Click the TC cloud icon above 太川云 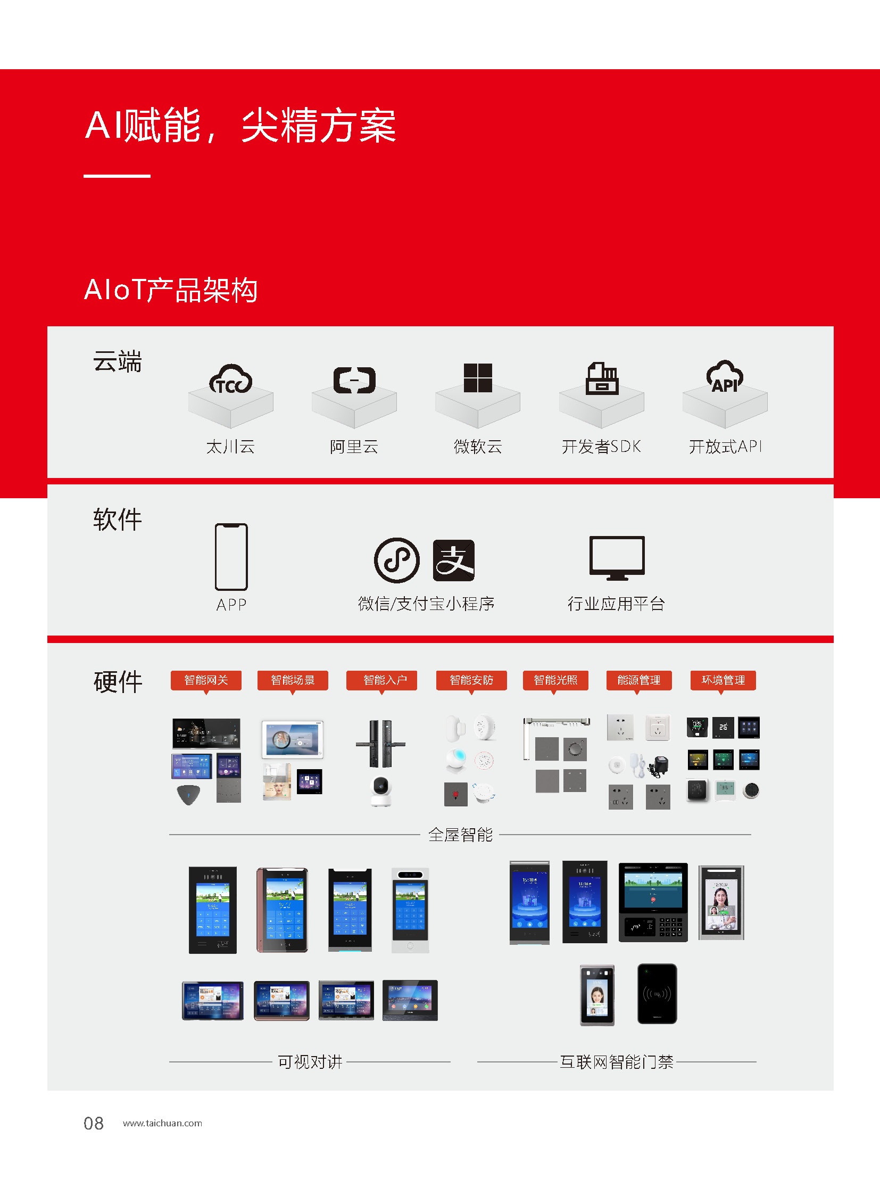[x=231, y=379]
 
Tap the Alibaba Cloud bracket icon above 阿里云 [x=354, y=380]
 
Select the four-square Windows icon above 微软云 [x=478, y=378]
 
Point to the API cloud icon [x=725, y=377]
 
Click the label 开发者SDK [x=601, y=447]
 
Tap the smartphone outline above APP [x=231, y=557]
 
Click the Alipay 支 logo [x=453, y=560]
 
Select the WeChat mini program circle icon [x=397, y=560]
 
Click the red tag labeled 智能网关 [x=206, y=681]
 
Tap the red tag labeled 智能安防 [x=471, y=681]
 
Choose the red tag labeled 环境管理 [x=723, y=681]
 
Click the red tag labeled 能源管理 [x=638, y=681]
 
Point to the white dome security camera [x=381, y=791]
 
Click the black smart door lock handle [x=381, y=744]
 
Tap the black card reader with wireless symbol [x=657, y=993]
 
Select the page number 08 [x=94, y=1124]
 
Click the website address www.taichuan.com [x=162, y=1124]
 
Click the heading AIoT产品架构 [x=171, y=291]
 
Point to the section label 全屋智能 [x=461, y=835]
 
